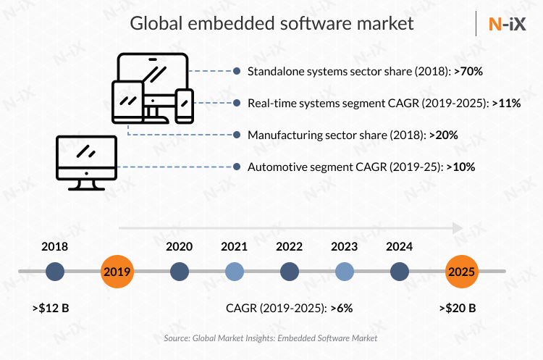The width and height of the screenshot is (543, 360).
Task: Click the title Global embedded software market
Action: (x=271, y=23)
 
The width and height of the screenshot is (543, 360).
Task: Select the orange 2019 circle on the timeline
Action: (x=117, y=272)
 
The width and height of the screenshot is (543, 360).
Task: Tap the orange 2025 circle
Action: (x=461, y=272)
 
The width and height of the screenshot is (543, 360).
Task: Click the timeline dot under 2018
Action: (x=55, y=272)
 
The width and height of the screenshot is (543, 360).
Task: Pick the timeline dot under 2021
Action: (x=234, y=272)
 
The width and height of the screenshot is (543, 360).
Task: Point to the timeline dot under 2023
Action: (x=345, y=272)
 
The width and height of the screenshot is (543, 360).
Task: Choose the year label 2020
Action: (x=179, y=246)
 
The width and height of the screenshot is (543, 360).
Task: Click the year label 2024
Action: (x=400, y=246)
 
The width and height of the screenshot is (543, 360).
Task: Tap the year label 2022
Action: (x=290, y=246)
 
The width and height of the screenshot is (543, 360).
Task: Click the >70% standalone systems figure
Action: (x=468, y=71)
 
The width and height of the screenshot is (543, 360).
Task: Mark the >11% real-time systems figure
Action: (x=506, y=103)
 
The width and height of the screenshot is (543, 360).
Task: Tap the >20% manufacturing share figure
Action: (x=443, y=135)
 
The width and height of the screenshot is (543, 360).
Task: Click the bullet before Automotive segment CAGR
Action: (x=237, y=167)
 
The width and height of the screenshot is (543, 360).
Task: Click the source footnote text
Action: (x=271, y=338)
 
